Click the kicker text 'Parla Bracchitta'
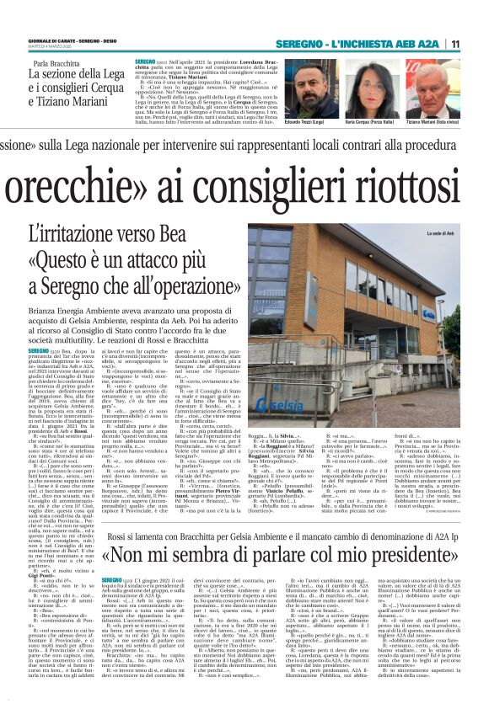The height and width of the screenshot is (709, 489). (x=62, y=64)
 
